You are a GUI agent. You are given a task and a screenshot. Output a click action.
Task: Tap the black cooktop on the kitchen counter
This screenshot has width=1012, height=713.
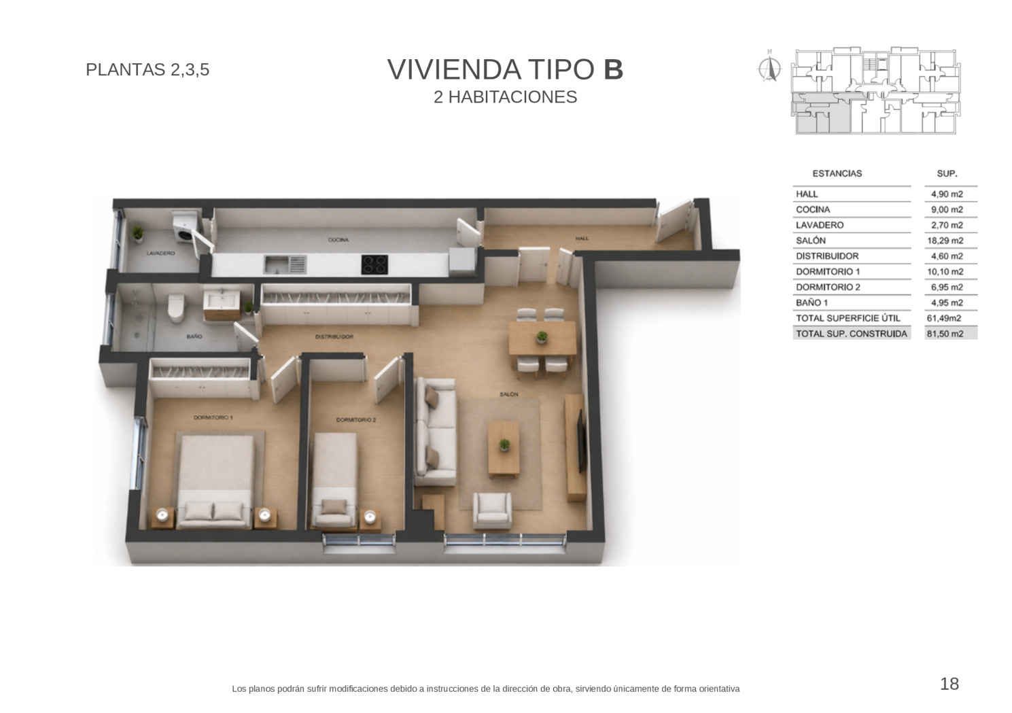[374, 264]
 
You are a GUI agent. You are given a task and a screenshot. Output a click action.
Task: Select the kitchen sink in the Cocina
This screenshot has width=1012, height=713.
[285, 264]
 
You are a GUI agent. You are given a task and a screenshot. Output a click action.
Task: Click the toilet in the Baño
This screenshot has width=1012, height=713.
[176, 308]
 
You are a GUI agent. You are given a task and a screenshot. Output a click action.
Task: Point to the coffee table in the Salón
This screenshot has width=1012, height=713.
[504, 449]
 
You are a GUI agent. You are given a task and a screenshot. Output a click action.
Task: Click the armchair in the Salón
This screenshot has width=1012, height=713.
[492, 510]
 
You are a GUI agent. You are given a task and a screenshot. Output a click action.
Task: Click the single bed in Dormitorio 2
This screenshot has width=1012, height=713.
[334, 481]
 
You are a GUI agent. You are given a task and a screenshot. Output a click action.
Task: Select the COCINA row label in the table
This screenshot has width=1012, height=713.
[813, 209]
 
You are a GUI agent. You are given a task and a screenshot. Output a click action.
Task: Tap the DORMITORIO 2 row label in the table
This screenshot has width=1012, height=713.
[828, 288]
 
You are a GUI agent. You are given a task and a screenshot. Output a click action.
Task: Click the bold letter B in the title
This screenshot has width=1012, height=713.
[613, 69]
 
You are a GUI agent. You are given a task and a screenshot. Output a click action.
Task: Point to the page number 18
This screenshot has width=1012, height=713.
[949, 684]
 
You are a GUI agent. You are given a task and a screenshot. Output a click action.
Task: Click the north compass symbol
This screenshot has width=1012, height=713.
[769, 68]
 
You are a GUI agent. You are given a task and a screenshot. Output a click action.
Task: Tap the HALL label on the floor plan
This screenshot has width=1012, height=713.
[582, 238]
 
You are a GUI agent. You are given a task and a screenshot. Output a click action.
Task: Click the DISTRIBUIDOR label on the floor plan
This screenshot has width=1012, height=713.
[334, 336]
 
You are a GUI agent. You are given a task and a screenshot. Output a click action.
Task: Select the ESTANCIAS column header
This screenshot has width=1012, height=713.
[837, 173]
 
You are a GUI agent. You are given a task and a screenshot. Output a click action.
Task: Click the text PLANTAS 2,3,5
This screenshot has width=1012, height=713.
[147, 70]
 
